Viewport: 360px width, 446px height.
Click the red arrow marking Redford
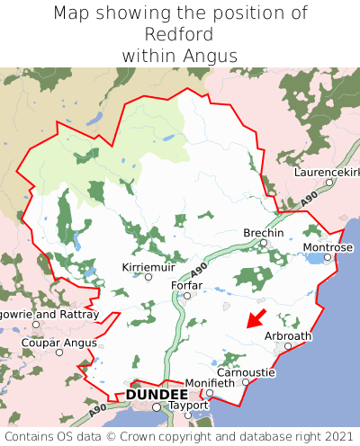coord(256,317)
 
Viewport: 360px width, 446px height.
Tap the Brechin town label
coord(264,233)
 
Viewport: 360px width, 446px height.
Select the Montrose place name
coord(328,247)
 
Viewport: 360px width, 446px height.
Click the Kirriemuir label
coord(148,267)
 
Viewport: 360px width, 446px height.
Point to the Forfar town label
coord(186,286)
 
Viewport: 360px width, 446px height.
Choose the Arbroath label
coord(288,336)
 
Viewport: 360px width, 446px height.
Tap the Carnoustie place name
coord(246,372)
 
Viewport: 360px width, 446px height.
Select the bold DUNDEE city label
coord(157,395)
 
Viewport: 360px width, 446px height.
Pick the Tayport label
coord(188,406)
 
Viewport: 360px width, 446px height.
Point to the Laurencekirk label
coord(328,171)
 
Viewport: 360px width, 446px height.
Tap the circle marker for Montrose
coord(328,257)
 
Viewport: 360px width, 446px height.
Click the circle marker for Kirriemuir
coord(148,277)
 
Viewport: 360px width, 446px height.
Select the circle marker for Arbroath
coord(288,346)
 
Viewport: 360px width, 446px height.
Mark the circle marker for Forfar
coord(186,296)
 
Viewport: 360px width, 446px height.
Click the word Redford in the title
coord(180,34)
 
